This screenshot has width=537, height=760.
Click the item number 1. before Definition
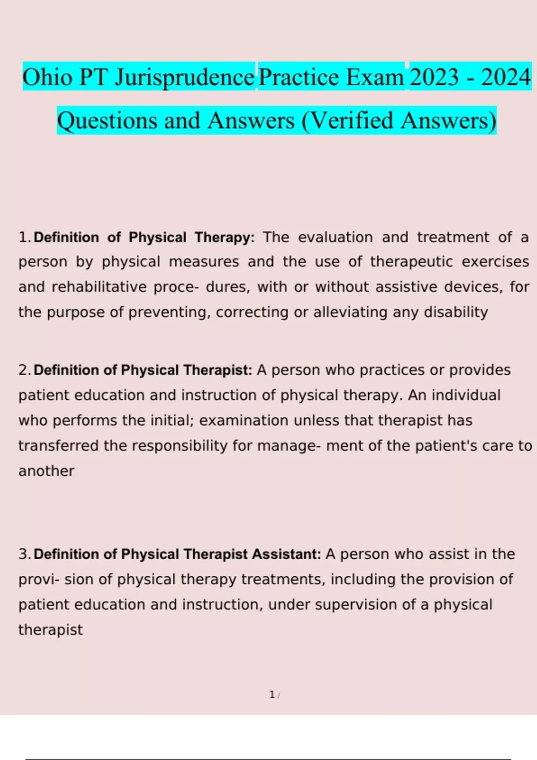(x=26, y=237)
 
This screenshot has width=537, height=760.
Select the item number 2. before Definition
(x=26, y=370)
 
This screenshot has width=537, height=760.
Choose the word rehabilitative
(x=99, y=287)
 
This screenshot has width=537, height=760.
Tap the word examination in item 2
(x=244, y=421)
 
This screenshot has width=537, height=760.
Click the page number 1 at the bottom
(x=272, y=695)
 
